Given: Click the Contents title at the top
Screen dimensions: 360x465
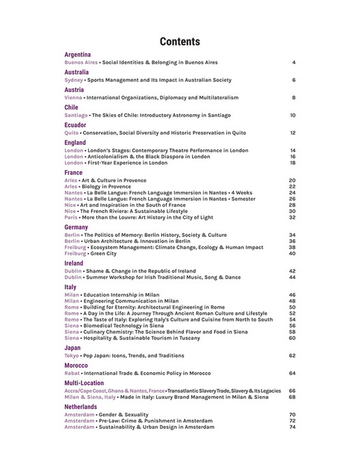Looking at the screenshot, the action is [180, 41].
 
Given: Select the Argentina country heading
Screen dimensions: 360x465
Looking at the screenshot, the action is [78, 54].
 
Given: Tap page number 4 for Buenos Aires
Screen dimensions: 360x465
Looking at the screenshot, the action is [293, 62].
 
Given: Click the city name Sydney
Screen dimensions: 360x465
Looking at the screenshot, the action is [74, 80].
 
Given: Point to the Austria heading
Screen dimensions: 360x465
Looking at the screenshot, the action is [74, 89].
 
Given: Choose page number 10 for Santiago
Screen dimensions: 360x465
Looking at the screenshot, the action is [292, 115].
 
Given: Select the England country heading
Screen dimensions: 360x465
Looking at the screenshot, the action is [75, 143].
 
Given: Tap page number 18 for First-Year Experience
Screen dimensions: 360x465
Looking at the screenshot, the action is [292, 163].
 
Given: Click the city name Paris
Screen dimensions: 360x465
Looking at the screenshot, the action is [71, 217].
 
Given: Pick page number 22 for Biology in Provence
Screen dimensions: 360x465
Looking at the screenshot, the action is [292, 186].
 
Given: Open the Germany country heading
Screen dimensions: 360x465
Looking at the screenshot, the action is [76, 227].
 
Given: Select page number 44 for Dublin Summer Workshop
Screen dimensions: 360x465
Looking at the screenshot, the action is [292, 277].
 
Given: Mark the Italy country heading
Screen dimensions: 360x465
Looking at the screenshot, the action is [70, 287].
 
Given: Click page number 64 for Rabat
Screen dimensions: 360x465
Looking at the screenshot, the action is [292, 374].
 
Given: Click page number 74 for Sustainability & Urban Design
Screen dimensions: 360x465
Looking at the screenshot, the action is [292, 427].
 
